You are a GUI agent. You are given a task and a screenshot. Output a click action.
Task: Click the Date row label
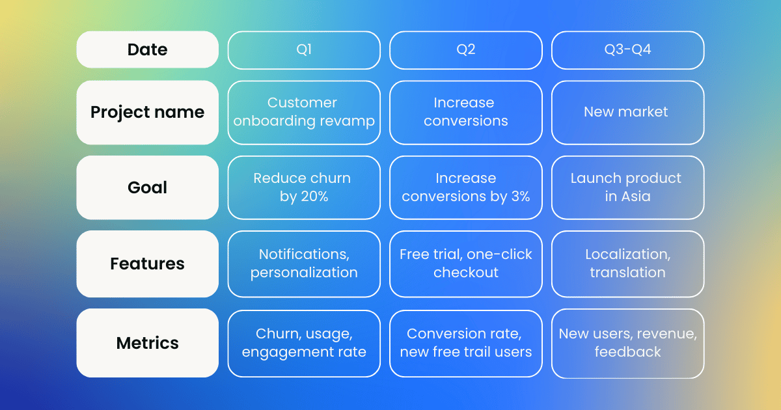pyautogui.click(x=147, y=49)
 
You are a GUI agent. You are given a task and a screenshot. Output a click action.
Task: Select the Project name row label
pyautogui.click(x=147, y=112)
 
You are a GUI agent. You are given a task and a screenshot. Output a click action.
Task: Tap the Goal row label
pyautogui.click(x=147, y=187)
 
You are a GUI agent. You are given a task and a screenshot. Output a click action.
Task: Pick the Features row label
pyautogui.click(x=147, y=264)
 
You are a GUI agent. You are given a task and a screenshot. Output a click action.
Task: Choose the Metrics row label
pyautogui.click(x=147, y=343)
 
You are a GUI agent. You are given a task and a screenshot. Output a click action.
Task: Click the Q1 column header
pyautogui.click(x=304, y=50)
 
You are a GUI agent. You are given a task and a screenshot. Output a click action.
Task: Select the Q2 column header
pyautogui.click(x=465, y=50)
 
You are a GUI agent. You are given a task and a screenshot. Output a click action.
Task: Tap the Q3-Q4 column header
pyautogui.click(x=627, y=50)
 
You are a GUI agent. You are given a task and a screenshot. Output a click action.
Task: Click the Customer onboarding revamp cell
pyautogui.click(x=304, y=112)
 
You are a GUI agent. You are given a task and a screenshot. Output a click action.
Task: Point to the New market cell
pyautogui.click(x=627, y=112)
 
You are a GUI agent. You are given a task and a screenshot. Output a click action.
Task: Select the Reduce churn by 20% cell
pyautogui.click(x=304, y=187)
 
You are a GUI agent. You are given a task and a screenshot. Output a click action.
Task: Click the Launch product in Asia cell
pyautogui.click(x=627, y=187)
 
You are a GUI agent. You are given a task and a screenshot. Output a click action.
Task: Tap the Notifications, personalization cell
pyautogui.click(x=304, y=264)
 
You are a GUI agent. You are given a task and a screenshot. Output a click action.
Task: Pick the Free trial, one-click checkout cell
pyautogui.click(x=465, y=264)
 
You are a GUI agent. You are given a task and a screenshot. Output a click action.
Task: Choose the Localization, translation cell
pyautogui.click(x=627, y=264)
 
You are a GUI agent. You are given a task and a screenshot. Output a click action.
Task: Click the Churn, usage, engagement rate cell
pyautogui.click(x=304, y=343)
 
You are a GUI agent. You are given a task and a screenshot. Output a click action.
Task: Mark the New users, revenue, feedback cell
pyautogui.click(x=627, y=343)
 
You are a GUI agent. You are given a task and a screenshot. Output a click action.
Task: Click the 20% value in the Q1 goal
pyautogui.click(x=314, y=197)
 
